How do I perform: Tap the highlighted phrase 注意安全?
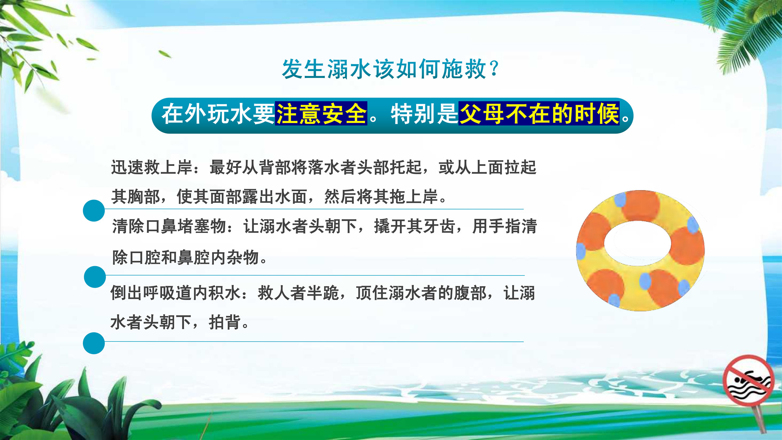[321, 113]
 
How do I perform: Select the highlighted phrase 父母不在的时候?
[539, 113]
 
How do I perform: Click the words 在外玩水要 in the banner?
[218, 113]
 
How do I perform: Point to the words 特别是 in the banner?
[424, 113]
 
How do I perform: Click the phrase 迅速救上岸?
[152, 167]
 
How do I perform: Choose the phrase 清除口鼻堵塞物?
[169, 226]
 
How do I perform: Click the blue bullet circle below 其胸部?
[94, 210]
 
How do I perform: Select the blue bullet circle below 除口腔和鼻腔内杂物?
[95, 277]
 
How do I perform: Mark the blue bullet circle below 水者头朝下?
[94, 343]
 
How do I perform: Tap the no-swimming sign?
[749, 380]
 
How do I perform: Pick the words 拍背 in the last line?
[225, 322]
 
